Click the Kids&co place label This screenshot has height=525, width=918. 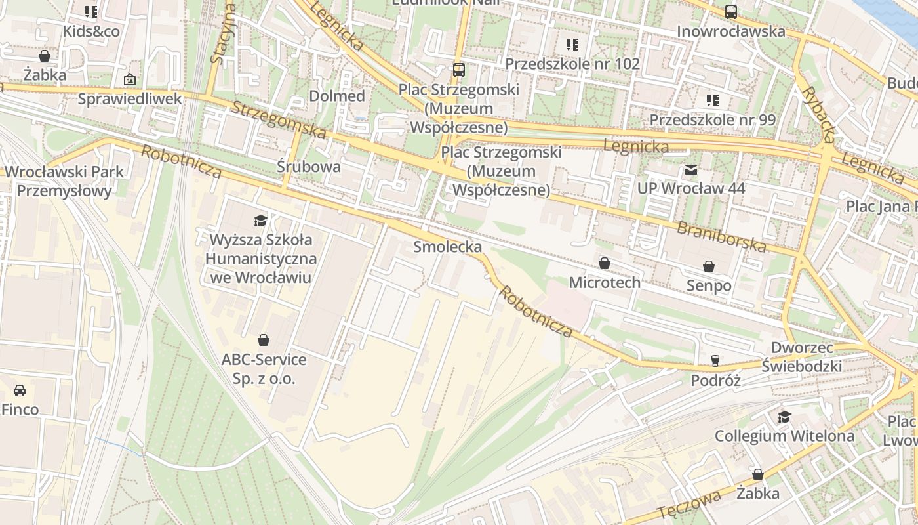(x=91, y=31)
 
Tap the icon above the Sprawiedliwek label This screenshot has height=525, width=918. (x=130, y=79)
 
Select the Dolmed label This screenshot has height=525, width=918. (x=336, y=96)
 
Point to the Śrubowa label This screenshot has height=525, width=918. (x=309, y=167)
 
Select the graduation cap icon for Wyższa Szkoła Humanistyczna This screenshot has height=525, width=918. (x=261, y=220)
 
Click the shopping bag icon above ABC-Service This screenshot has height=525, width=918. (x=264, y=340)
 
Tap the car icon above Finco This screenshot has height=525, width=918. (x=20, y=390)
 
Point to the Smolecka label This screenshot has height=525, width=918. (x=447, y=247)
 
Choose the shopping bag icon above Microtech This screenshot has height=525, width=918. (x=605, y=263)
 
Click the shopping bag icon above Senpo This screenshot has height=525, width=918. (x=709, y=266)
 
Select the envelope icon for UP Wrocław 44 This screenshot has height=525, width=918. (x=691, y=170)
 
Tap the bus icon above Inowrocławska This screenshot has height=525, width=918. (x=730, y=12)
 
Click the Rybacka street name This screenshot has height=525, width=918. (x=818, y=115)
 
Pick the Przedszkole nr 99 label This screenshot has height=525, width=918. (x=712, y=120)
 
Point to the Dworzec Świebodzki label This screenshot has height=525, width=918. (x=802, y=356)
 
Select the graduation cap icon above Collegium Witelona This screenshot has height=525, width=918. (x=784, y=417)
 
